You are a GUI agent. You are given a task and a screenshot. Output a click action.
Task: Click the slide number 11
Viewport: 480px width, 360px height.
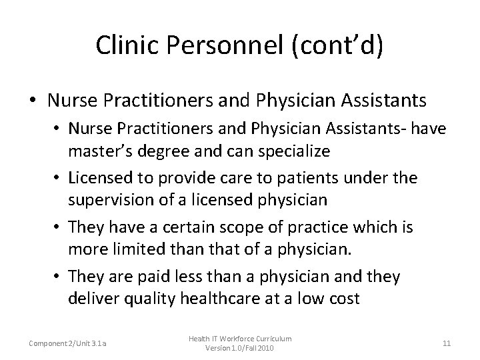pyautogui.click(x=447, y=343)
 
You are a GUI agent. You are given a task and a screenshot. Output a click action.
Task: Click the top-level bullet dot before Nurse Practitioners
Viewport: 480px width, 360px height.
pyautogui.click(x=33, y=101)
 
